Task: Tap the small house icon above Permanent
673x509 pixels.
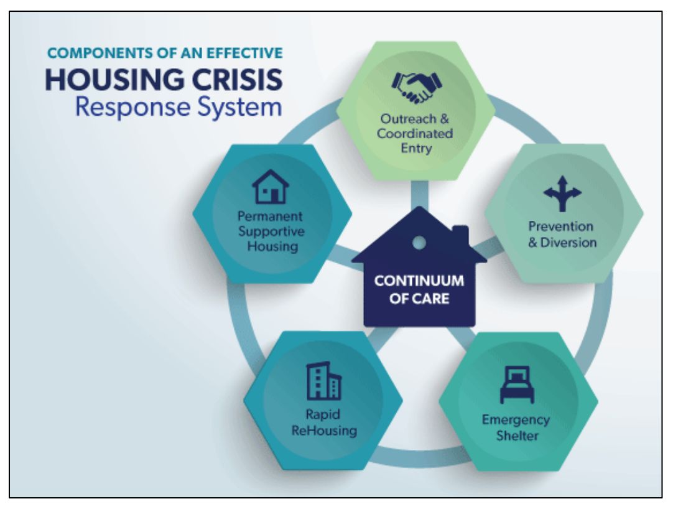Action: [x=271, y=187]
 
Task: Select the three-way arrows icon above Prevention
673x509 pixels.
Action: [x=562, y=194]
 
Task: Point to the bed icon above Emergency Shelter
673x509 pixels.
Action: [x=516, y=386]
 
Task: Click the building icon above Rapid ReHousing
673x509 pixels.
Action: [x=323, y=381]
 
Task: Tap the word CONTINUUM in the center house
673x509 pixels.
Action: [x=419, y=281]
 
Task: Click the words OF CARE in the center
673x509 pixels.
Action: [x=419, y=298]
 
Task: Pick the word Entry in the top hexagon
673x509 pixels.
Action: [x=416, y=149]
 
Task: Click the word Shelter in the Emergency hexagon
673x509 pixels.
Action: [x=517, y=436]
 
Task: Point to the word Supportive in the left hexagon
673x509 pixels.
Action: [x=271, y=231]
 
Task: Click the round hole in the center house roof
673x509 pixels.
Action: [x=419, y=242]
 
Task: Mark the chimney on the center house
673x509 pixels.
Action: [x=460, y=235]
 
